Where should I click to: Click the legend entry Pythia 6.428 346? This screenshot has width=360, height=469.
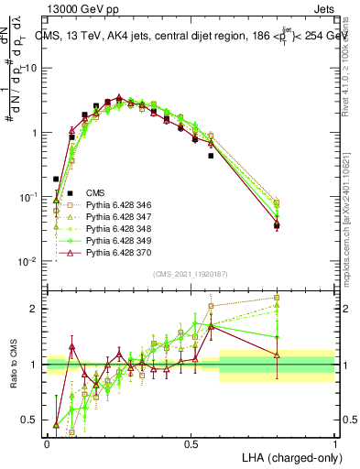click(x=104, y=205)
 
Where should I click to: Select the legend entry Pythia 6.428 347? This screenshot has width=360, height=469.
click(x=104, y=217)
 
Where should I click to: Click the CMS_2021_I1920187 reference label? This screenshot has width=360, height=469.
click(x=191, y=275)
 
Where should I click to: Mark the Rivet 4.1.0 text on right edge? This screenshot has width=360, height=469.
click(x=353, y=55)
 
